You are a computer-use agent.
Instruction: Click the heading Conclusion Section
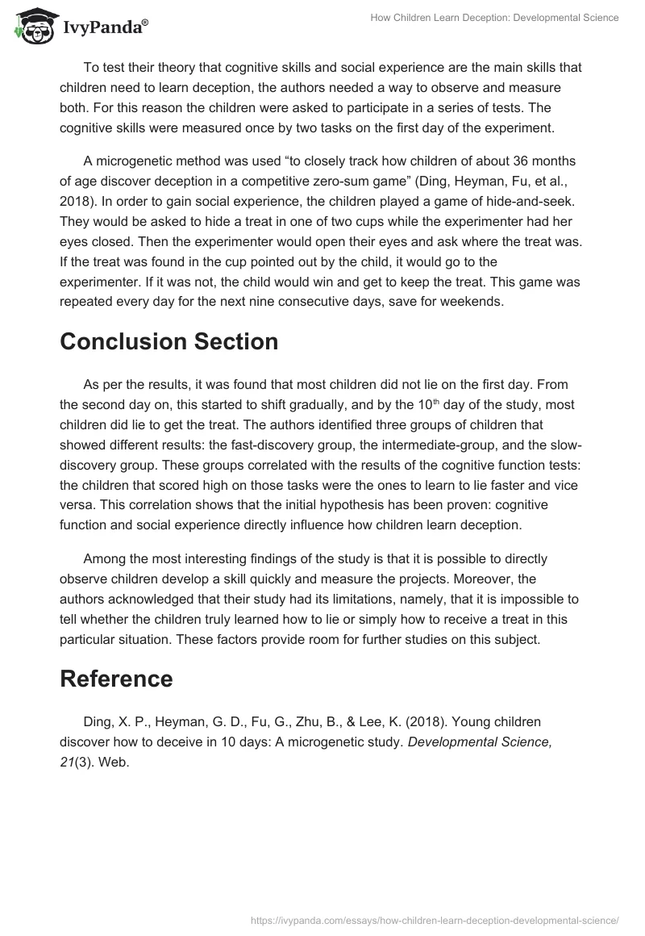pos(169,341)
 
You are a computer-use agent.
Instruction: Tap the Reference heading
pos(116,679)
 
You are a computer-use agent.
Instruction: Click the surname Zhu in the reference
pos(346,722)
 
